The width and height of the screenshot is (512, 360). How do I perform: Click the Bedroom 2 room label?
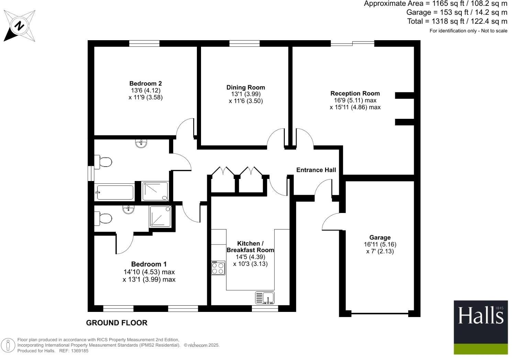(x=145, y=83)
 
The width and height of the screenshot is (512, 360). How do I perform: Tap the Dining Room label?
(x=245, y=87)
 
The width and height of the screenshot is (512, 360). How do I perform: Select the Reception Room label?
(x=355, y=93)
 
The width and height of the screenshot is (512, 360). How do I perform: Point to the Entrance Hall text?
(x=316, y=170)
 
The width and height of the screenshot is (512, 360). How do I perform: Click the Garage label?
(x=380, y=237)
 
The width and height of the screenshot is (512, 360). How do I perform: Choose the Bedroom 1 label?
(x=149, y=264)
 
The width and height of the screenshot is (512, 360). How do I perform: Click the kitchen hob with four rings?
(x=218, y=268)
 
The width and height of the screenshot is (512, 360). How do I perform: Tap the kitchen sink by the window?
(x=265, y=297)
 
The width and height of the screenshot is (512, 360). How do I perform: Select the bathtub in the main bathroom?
(x=115, y=192)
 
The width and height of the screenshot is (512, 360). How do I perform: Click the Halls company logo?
(x=480, y=327)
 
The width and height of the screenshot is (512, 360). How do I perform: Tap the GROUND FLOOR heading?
(x=116, y=323)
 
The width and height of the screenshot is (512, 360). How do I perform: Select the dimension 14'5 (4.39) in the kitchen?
(x=250, y=257)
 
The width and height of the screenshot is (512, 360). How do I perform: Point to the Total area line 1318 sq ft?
(x=457, y=21)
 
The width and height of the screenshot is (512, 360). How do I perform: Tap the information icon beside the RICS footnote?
(x=8, y=345)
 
